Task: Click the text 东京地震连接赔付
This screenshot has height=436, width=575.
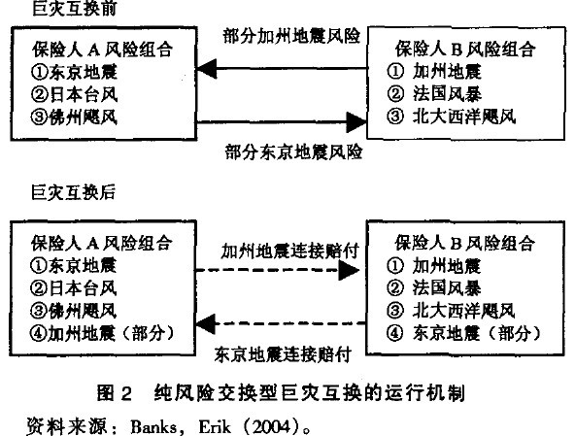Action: tap(283, 347)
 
